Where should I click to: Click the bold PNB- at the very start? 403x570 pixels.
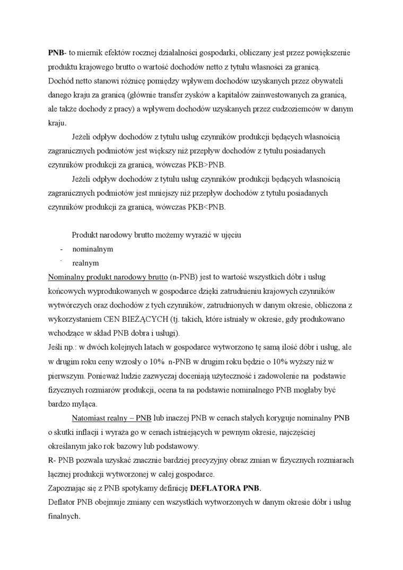pyautogui.click(x=57, y=53)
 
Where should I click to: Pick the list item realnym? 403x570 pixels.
pyautogui.click(x=85, y=262)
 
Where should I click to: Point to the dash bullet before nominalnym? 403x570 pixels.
pyautogui.click(x=62, y=248)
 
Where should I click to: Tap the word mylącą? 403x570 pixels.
pyautogui.click(x=82, y=403)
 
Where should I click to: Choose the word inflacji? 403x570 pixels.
pyautogui.click(x=90, y=432)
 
